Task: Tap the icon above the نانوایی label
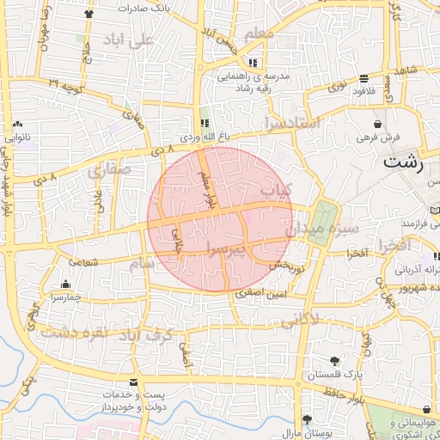[18, 125]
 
